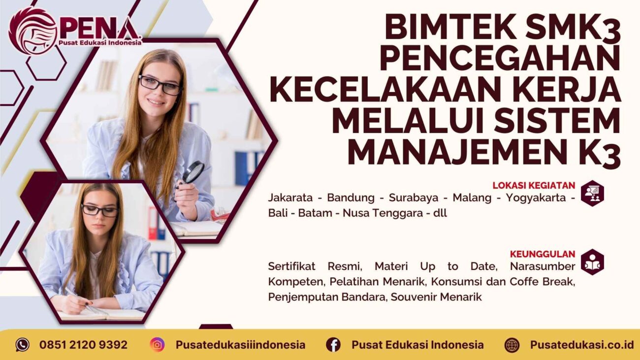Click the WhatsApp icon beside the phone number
click(x=22, y=345)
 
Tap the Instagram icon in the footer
click(x=158, y=345)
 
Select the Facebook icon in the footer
click(x=333, y=345)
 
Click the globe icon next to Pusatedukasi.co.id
click(x=512, y=345)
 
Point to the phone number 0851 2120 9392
click(x=83, y=345)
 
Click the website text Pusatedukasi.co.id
click(x=582, y=345)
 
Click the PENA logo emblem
click(x=32, y=31)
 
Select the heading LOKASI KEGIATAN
click(x=534, y=186)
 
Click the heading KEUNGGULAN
click(x=543, y=255)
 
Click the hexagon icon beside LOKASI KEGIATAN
click(x=592, y=193)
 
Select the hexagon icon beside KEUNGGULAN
click(x=592, y=262)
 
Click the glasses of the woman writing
click(x=100, y=210)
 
